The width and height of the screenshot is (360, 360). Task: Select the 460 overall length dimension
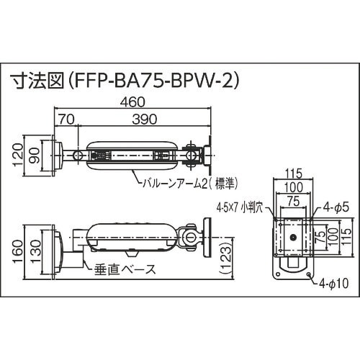132,104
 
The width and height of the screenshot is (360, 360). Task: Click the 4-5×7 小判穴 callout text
243,210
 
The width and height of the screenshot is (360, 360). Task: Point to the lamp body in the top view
130,156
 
